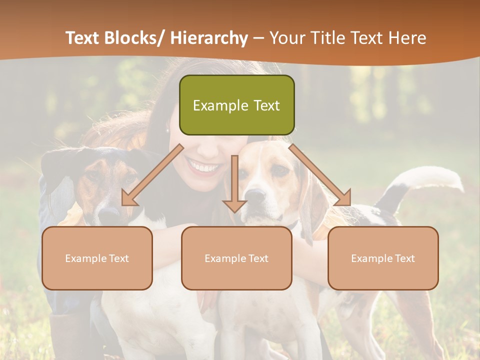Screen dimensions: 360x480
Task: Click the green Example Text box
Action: (236, 105)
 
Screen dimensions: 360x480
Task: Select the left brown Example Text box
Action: (97, 258)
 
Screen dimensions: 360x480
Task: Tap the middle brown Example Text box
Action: (236, 258)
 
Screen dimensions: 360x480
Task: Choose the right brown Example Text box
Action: (383, 258)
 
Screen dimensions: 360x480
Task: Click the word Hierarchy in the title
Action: (209, 38)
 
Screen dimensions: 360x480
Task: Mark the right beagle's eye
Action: (281, 170)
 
